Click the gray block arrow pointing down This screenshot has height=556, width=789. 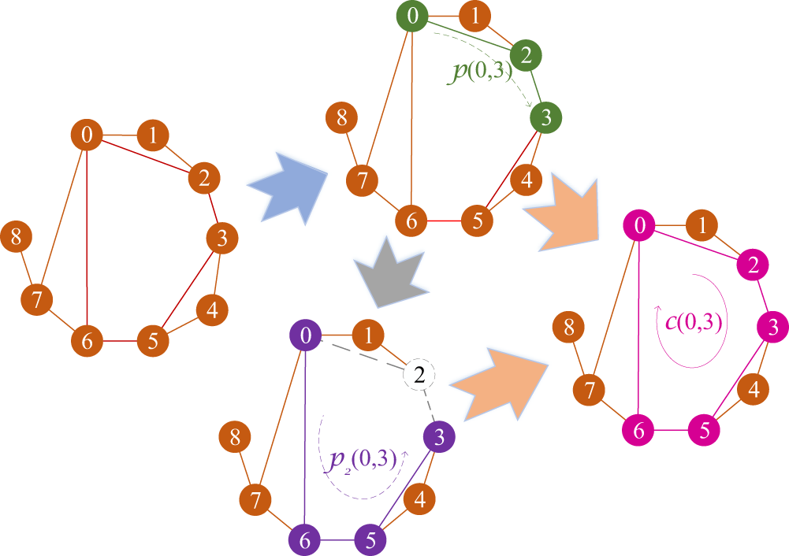click(392, 272)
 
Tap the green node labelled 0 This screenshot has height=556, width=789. click(415, 17)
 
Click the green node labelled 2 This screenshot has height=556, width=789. click(526, 54)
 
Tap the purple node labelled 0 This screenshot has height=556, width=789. click(306, 336)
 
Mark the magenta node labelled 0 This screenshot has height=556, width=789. click(640, 227)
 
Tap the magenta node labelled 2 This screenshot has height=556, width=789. click(753, 265)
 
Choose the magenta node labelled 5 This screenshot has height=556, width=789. click(705, 431)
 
